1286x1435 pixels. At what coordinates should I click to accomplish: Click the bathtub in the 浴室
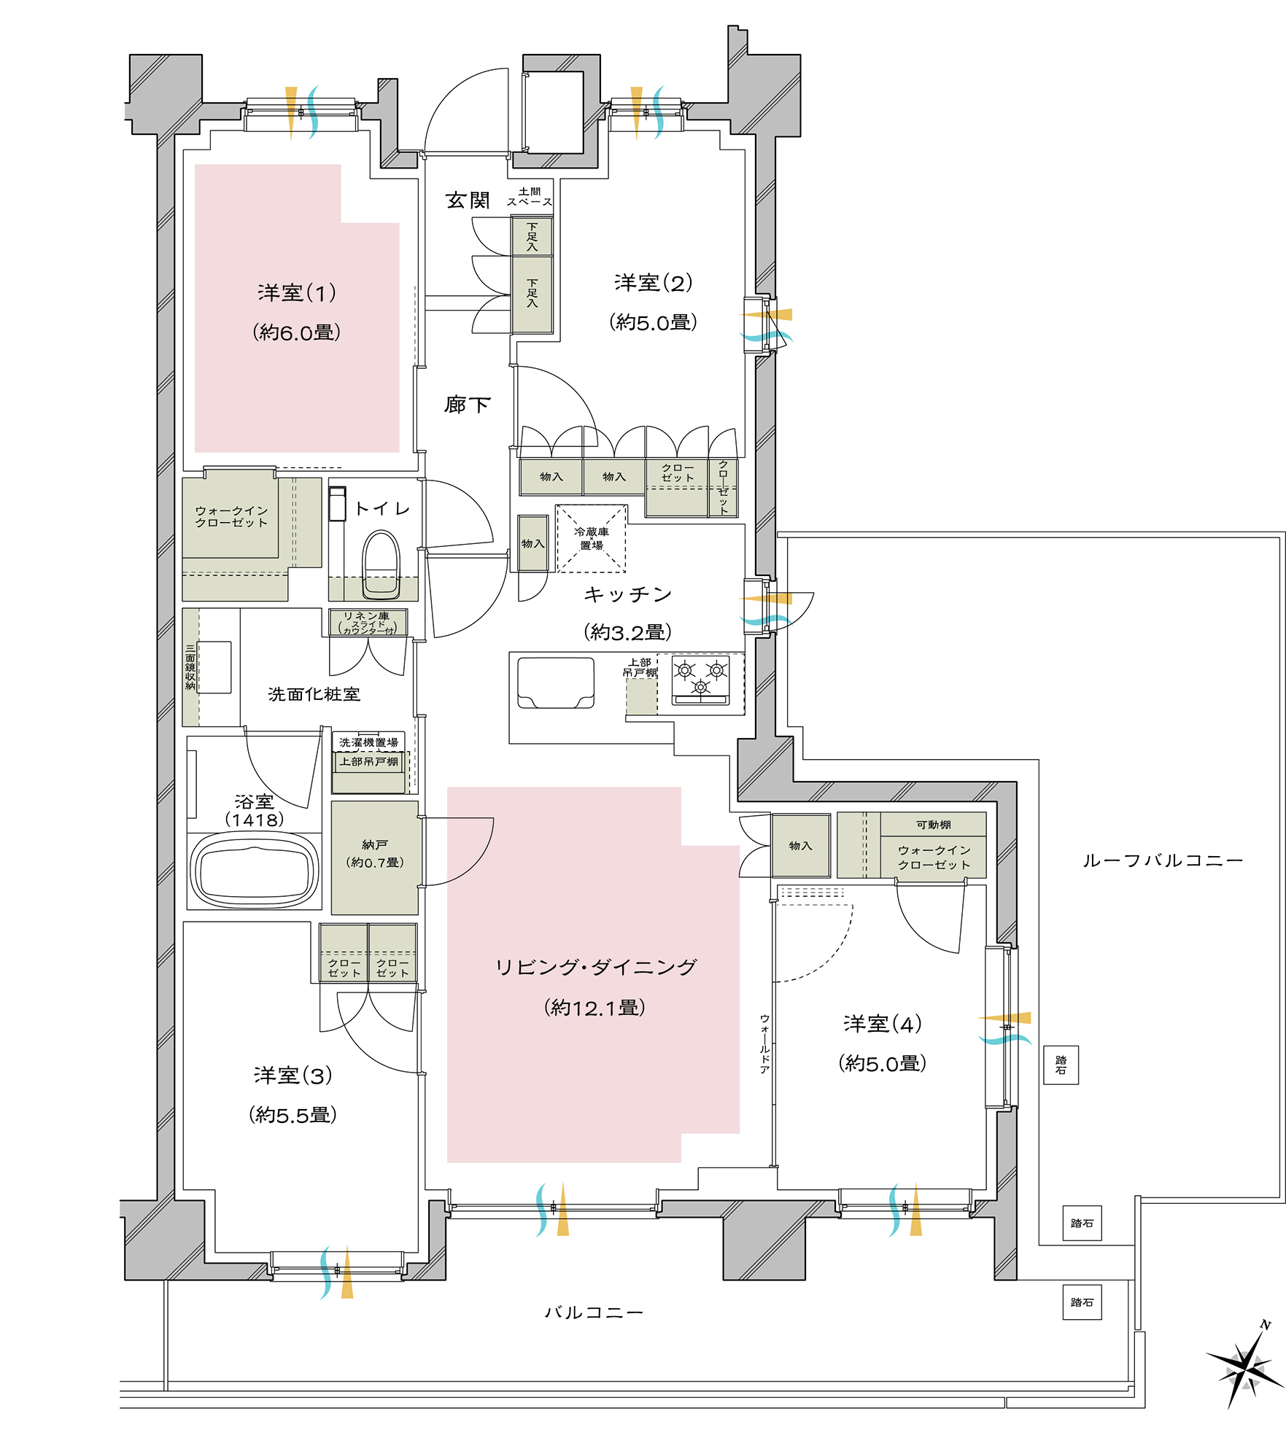coord(255,871)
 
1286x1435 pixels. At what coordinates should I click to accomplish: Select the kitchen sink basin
coord(556,682)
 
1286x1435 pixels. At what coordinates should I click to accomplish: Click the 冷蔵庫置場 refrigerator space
coord(591,538)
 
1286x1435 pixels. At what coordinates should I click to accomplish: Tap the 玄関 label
coord(468,201)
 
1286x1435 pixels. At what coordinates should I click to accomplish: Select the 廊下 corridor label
coord(468,405)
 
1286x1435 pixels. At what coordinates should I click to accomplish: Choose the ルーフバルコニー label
coord(1163,860)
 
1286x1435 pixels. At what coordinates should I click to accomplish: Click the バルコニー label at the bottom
coord(594,1312)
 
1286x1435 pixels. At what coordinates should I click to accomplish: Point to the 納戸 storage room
coord(375,857)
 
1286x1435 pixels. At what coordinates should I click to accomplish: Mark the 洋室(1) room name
coord(297,293)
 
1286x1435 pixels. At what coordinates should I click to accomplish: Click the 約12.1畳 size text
coord(594,1008)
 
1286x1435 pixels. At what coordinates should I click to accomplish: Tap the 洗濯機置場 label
coord(369,742)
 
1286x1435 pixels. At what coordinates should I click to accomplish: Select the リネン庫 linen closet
coord(368,623)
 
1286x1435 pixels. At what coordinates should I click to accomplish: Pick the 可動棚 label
coord(934,825)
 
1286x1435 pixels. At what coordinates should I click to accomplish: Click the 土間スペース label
coord(530,197)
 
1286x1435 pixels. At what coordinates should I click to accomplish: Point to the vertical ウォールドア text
coord(764,1043)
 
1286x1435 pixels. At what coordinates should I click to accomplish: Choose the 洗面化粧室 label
coord(314,694)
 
